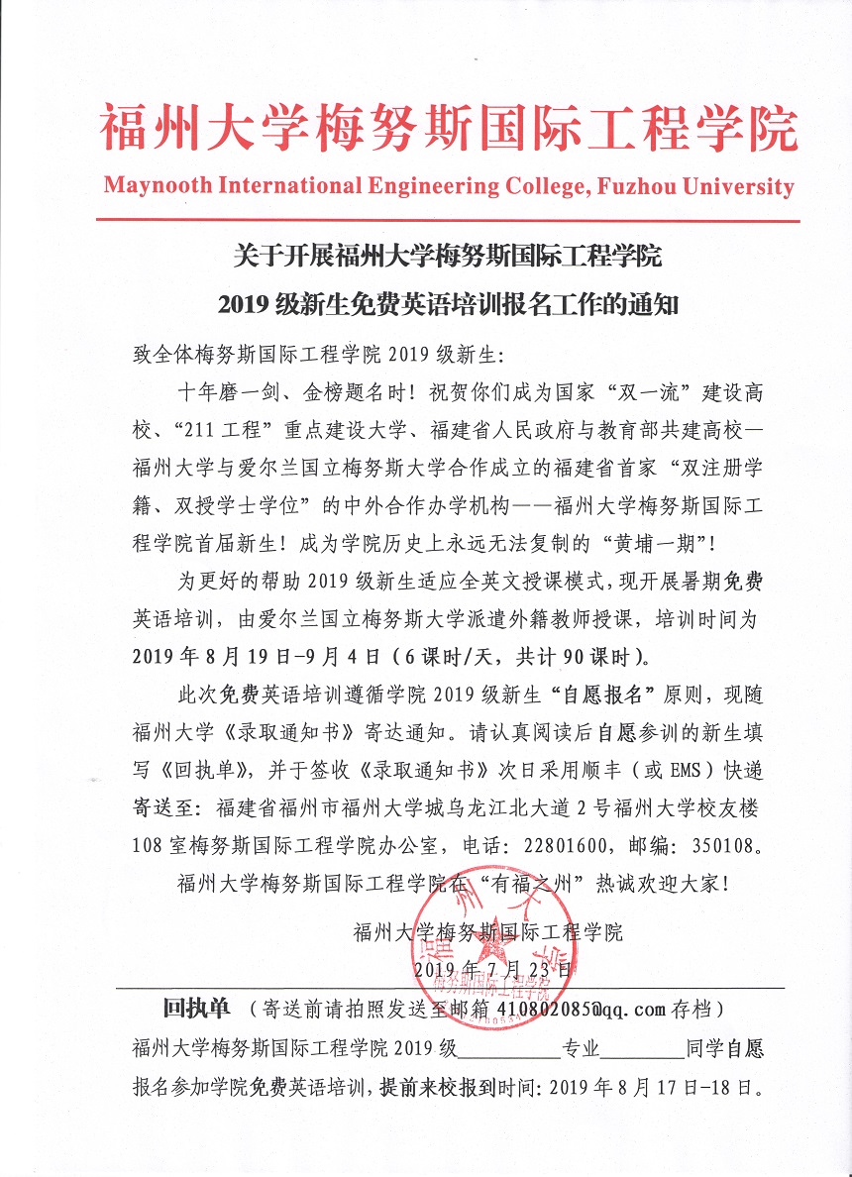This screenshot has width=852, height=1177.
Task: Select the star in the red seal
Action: tap(492, 948)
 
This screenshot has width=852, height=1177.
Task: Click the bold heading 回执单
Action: tap(196, 1009)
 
